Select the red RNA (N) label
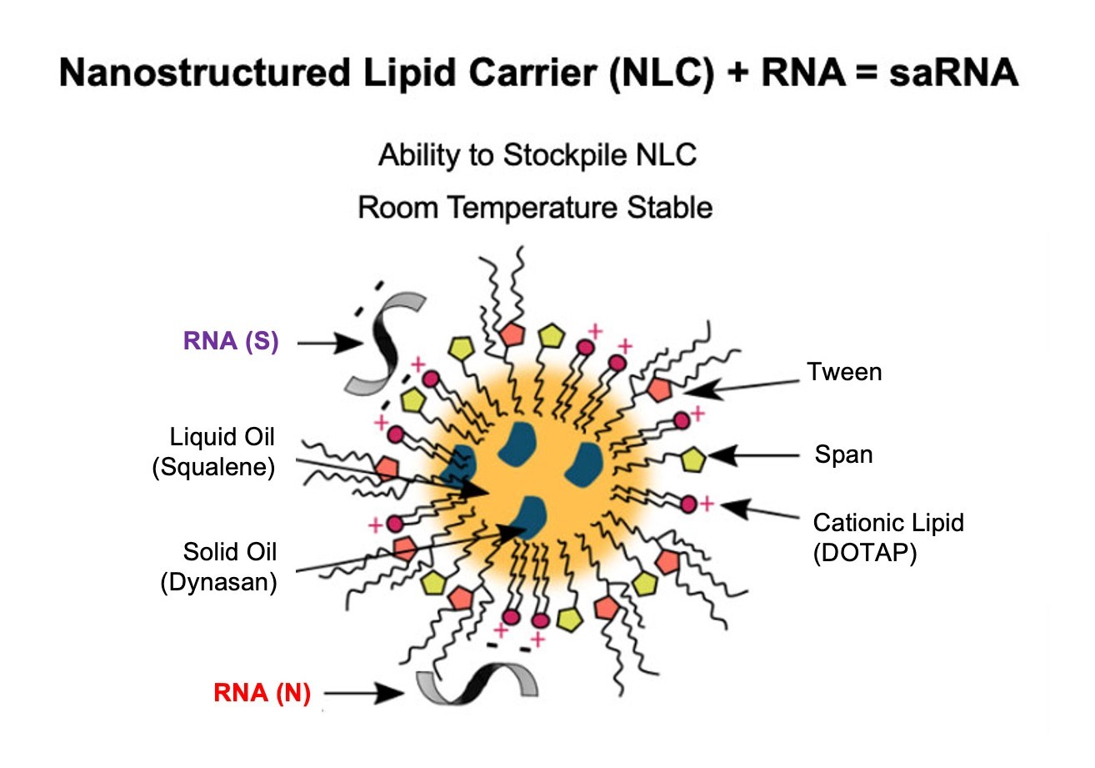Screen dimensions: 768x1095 tap(262, 693)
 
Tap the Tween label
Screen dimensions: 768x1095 tap(843, 371)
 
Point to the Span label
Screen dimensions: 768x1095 tap(842, 456)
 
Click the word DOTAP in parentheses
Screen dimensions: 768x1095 tap(864, 552)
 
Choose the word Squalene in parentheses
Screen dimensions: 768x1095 tap(213, 468)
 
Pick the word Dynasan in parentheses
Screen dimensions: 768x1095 tap(218, 582)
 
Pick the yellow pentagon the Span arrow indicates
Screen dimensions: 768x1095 tap(695, 459)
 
